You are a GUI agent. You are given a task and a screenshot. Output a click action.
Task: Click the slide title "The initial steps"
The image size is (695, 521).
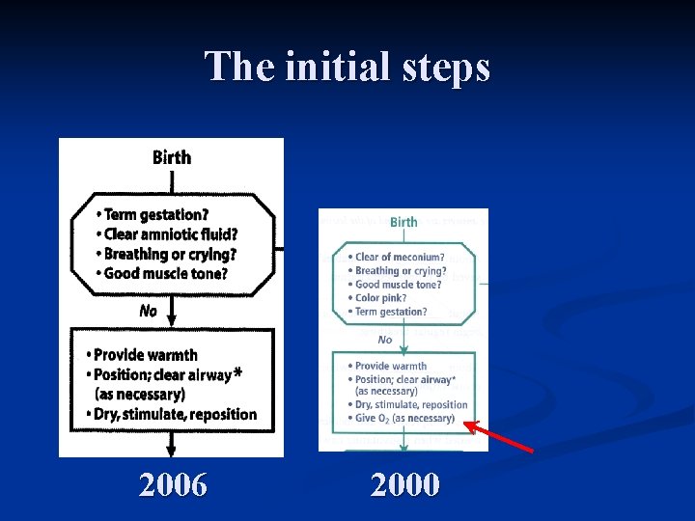[x=347, y=67]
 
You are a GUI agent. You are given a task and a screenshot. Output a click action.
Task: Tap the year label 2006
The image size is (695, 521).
[x=173, y=484]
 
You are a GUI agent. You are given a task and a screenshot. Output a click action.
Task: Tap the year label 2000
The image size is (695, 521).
[x=405, y=484]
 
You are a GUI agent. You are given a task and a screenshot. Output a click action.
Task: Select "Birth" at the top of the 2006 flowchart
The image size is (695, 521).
[x=172, y=157]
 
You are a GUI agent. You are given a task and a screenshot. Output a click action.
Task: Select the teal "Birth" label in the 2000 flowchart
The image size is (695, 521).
[x=403, y=222]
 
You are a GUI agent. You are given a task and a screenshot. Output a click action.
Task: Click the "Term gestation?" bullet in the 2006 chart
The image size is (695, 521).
[x=155, y=214]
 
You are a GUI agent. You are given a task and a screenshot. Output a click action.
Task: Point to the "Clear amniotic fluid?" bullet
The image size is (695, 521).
[x=170, y=234]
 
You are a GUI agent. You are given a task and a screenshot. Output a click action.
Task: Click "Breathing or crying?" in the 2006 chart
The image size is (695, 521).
[x=169, y=254]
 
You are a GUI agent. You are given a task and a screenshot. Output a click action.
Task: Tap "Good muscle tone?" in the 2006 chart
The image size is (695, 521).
[x=165, y=273]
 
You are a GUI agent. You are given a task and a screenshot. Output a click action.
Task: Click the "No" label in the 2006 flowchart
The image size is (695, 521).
[x=148, y=311]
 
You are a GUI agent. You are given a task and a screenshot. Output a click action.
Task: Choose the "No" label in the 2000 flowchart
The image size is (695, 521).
[x=385, y=340]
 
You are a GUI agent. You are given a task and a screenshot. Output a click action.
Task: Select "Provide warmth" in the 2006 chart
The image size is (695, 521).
[x=145, y=355]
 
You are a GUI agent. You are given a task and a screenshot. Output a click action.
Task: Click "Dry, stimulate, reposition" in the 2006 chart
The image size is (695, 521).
[x=175, y=415]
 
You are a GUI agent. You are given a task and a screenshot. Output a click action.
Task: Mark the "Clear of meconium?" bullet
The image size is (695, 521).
[x=400, y=258]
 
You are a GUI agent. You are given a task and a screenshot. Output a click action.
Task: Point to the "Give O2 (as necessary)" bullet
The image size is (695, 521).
[x=404, y=419]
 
